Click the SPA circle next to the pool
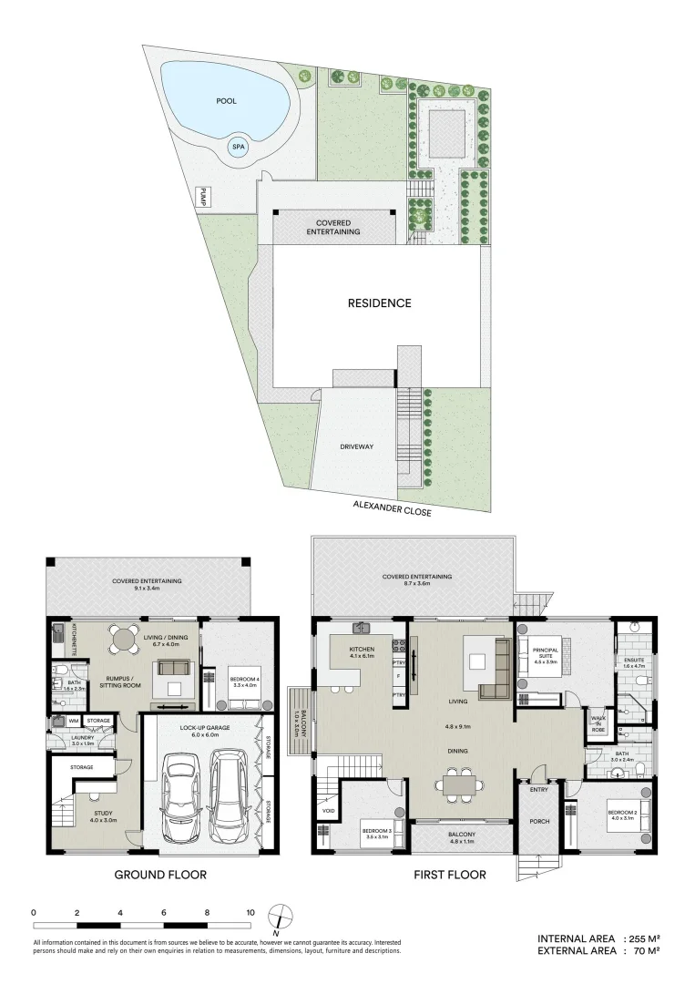pyautogui.click(x=239, y=146)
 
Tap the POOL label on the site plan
pyautogui.click(x=226, y=101)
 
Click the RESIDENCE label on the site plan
pyautogui.click(x=381, y=303)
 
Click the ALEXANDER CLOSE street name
pyautogui.click(x=392, y=512)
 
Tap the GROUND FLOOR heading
pyautogui.click(x=160, y=875)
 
